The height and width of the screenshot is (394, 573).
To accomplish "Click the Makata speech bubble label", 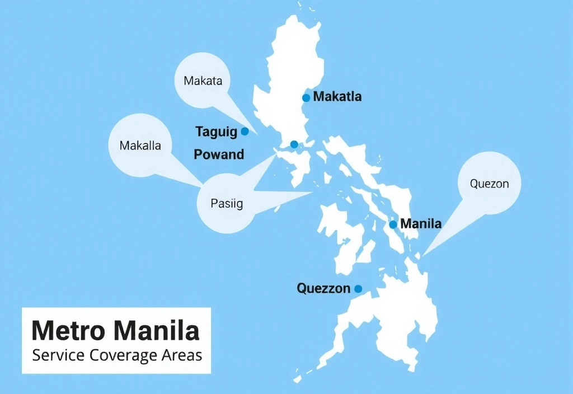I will (203, 81).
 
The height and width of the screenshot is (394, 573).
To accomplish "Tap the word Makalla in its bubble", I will (140, 146).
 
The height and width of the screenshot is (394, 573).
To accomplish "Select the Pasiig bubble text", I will (227, 204).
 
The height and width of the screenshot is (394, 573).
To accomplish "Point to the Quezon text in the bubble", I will (490, 184).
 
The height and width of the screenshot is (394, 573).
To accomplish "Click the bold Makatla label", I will (337, 97).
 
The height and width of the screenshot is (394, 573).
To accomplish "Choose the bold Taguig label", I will (217, 132).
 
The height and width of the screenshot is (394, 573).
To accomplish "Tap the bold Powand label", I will (219, 154).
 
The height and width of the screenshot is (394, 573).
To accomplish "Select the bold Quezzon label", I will (323, 289).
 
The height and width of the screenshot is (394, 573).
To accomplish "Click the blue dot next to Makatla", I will (306, 98).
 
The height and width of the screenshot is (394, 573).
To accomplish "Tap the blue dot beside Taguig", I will (245, 132).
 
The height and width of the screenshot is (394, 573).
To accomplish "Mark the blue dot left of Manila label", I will (393, 224).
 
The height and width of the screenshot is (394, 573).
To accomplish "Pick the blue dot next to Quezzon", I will (358, 289).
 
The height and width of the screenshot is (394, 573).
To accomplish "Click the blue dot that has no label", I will (294, 144).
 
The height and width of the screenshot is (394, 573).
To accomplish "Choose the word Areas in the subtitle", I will (181, 355).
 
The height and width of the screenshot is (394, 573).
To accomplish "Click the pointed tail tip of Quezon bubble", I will (422, 256).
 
